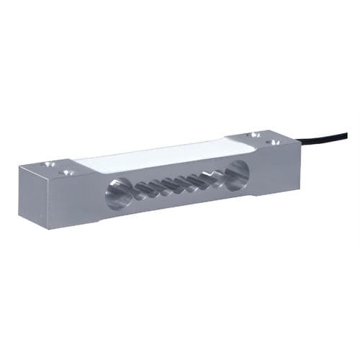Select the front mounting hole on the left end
point(66,173)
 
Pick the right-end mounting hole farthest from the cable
point(251,135)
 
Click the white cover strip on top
point(158,156)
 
